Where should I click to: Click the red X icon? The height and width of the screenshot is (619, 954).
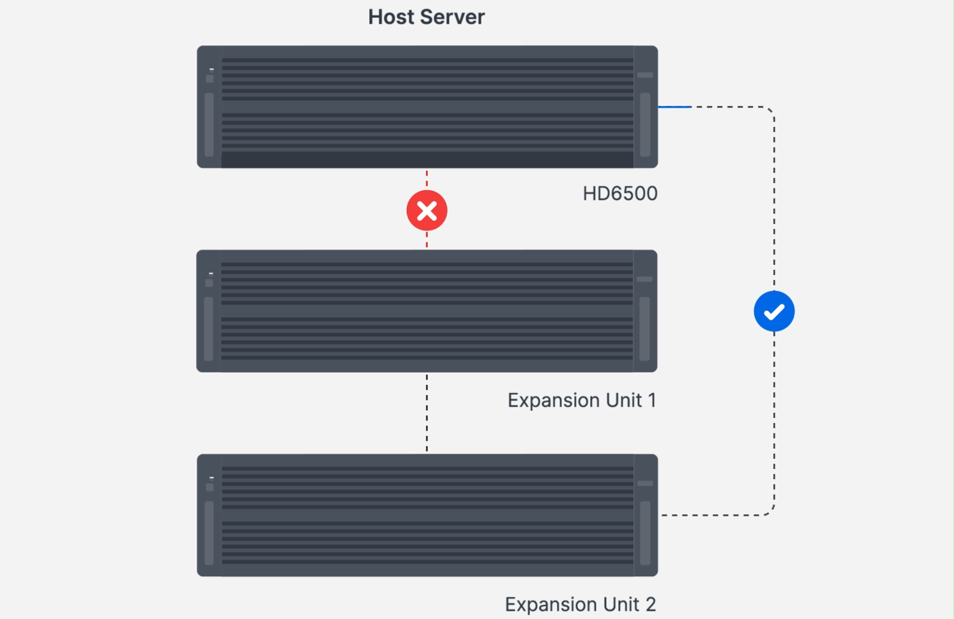click(x=427, y=211)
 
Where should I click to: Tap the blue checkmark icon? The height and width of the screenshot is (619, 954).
click(x=774, y=311)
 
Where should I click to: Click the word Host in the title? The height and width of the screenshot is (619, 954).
click(x=391, y=17)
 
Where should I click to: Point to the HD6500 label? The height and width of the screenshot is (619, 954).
click(x=619, y=193)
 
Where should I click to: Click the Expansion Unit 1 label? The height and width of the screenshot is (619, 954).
click(x=581, y=400)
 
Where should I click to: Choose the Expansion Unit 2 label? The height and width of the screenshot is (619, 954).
click(x=580, y=604)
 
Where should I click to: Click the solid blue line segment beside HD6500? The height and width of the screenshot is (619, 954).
click(x=674, y=107)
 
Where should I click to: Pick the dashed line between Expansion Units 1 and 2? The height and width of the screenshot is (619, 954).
click(x=427, y=413)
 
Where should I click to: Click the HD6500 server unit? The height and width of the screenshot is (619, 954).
click(x=427, y=107)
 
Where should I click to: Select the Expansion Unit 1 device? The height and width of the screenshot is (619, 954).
click(x=427, y=311)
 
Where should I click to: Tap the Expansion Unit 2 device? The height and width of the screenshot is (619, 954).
click(x=427, y=515)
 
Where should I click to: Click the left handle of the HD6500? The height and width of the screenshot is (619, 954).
click(x=209, y=124)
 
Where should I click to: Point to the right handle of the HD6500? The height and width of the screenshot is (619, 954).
click(x=645, y=124)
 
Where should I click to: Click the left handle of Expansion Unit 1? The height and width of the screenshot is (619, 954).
click(x=208, y=329)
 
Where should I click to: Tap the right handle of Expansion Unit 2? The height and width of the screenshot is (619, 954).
click(x=645, y=533)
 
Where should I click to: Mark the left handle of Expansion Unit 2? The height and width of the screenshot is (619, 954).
click(x=209, y=533)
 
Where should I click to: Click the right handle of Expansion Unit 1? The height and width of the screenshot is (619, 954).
click(x=644, y=329)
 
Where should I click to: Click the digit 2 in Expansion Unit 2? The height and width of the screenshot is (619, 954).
click(x=650, y=604)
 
